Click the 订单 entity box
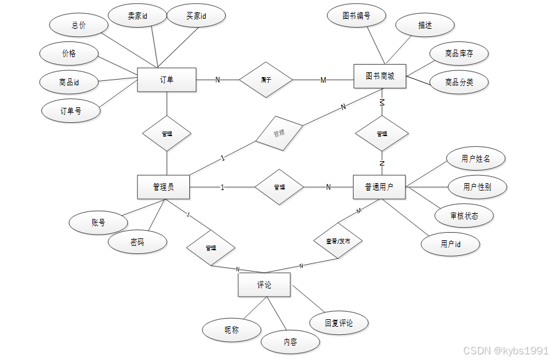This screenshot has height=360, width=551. click(167, 80)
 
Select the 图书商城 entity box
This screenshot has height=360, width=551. click(380, 77)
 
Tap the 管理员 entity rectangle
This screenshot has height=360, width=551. click(163, 187)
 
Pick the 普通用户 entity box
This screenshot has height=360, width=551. click(380, 187)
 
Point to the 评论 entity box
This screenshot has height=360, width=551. click(264, 285)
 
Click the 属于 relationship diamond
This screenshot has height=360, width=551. click(266, 80)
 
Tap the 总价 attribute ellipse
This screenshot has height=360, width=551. click(78, 25)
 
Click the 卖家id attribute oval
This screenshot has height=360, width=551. click(138, 16)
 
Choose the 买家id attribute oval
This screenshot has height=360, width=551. click(196, 16)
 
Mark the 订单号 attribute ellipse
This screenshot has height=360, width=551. click(70, 111)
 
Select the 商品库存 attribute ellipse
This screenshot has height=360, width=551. click(459, 53)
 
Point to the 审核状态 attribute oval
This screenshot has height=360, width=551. click(464, 216)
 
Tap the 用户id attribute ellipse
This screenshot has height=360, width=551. click(451, 244)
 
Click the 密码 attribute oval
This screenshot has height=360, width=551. click(137, 241)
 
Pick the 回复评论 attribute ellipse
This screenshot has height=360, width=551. click(339, 323)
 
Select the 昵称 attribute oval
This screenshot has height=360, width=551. click(231, 329)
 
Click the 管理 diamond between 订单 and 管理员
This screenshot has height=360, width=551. click(167, 134)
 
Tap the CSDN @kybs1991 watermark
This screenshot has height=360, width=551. click(505, 349)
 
